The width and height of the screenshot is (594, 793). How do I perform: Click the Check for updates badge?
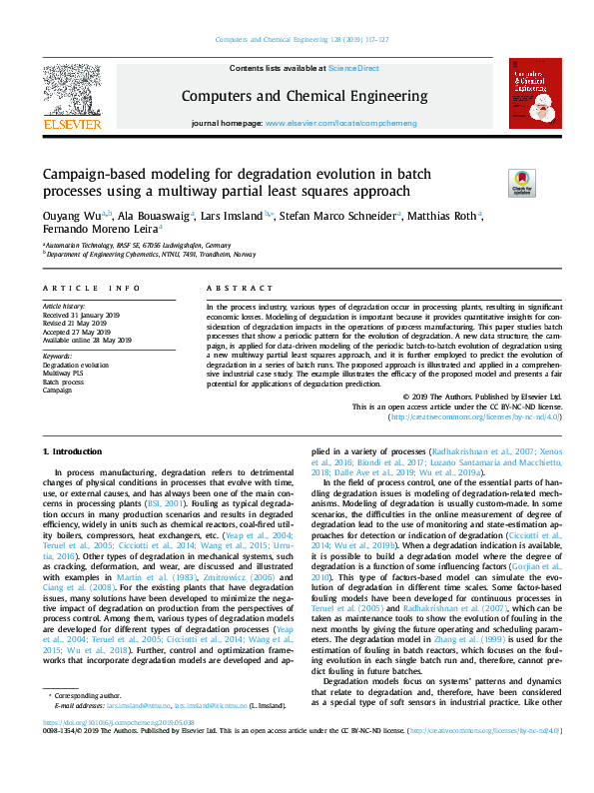tap(521, 182)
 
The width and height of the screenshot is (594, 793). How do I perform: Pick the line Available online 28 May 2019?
tap(87, 341)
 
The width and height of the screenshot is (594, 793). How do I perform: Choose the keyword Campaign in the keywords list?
tap(58, 390)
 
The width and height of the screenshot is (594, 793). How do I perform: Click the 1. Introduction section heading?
tap(77, 452)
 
